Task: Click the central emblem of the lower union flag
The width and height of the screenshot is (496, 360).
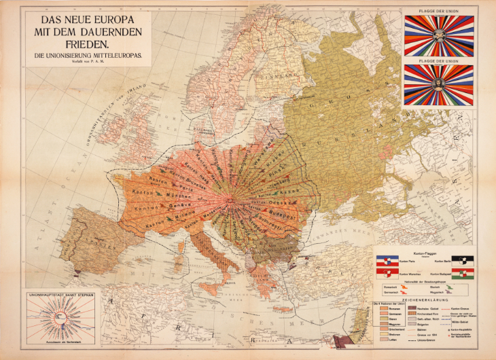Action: (x=438, y=84)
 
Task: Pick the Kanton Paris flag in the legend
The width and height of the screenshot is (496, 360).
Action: (x=385, y=259)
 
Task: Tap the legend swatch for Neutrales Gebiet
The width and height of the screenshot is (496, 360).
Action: (x=412, y=308)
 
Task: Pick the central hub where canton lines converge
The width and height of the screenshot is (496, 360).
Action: (x=232, y=199)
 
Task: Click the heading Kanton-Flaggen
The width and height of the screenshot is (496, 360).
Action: (x=425, y=252)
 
